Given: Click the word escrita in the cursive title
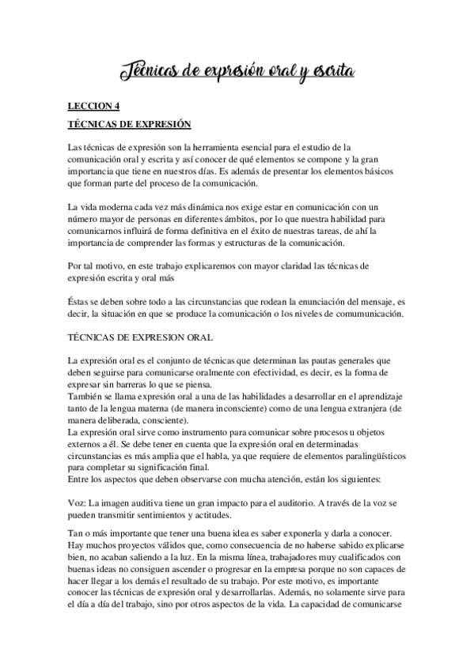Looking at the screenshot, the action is (327, 73).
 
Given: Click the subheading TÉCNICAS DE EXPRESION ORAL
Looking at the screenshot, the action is (140, 337).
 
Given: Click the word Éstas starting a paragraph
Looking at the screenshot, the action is (82, 302).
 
